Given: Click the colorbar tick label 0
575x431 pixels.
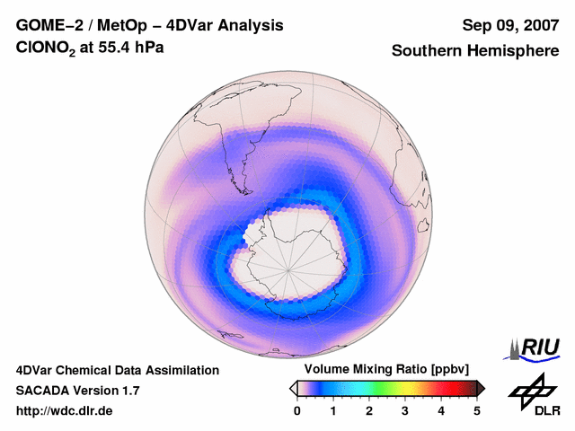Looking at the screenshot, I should [x=297, y=410].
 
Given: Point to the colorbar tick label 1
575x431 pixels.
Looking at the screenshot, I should [x=333, y=410].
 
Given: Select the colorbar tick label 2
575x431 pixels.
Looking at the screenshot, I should [x=369, y=410].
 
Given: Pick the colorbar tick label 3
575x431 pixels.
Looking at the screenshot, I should [x=405, y=410].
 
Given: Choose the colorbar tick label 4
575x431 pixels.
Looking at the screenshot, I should [x=441, y=410].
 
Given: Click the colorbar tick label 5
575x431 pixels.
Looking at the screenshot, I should [x=477, y=410].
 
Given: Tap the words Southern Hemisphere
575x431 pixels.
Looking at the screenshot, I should [x=474, y=51].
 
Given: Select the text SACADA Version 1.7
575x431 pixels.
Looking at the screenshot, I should [x=77, y=391].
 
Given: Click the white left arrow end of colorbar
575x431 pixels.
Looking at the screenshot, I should [x=293, y=388].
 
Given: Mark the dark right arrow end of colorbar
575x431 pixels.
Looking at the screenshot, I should [x=482, y=388].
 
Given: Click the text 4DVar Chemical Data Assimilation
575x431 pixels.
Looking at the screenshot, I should [x=117, y=370].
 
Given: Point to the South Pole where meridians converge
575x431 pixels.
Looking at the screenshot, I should [x=289, y=268].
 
